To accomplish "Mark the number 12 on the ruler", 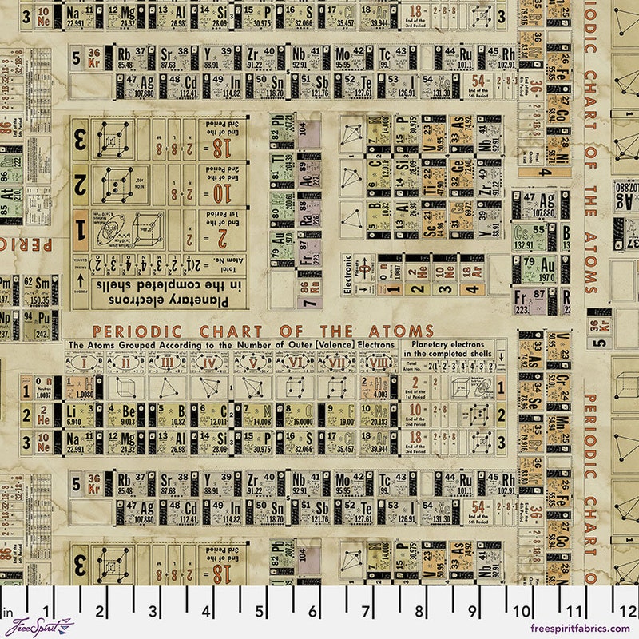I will tap(629, 612).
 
